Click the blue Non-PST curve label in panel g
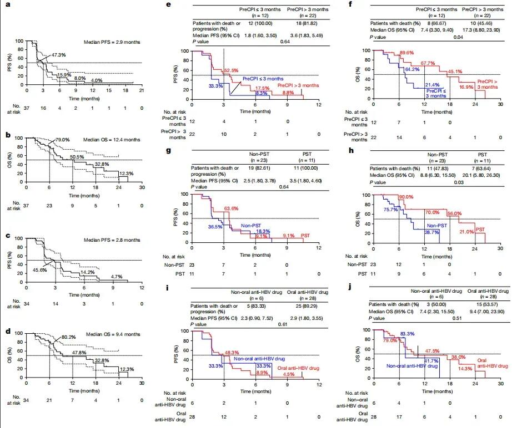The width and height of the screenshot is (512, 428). click(252, 226)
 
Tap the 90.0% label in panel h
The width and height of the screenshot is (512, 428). click(406, 197)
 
